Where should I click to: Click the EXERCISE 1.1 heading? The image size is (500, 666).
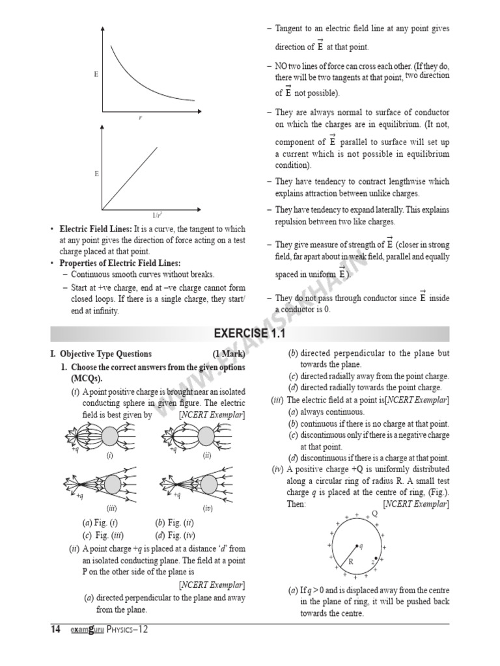tap(250, 334)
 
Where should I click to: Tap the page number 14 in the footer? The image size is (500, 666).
tap(56, 629)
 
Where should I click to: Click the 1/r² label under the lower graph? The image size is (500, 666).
tap(157, 215)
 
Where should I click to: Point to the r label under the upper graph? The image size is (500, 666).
tap(139, 117)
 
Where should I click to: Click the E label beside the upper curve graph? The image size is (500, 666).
tap(96, 75)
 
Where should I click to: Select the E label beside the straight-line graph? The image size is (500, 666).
tap(96, 174)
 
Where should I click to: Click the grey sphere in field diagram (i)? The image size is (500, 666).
tap(110, 435)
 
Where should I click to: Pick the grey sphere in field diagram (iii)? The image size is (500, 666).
tap(112, 483)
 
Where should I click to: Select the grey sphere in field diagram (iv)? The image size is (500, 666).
tap(209, 483)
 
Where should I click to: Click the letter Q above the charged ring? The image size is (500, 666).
tap(374, 513)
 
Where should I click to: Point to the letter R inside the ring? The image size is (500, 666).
tap(350, 561)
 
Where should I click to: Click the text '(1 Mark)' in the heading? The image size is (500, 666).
tap(229, 354)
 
